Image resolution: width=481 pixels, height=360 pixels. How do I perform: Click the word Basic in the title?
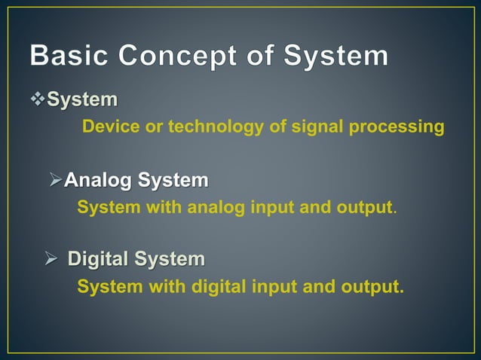[72, 56]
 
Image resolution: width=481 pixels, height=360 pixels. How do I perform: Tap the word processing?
[399, 127]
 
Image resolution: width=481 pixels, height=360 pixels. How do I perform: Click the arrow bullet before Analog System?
[55, 181]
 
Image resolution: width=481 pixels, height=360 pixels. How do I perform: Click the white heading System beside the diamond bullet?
[82, 99]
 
